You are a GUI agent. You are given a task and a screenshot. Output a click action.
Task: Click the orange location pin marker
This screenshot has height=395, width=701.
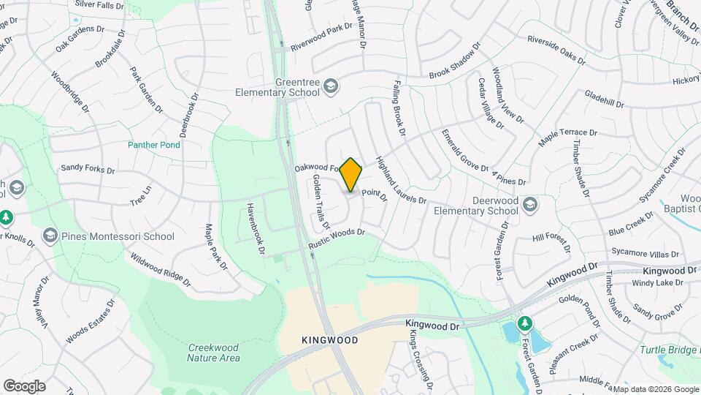[x=351, y=174]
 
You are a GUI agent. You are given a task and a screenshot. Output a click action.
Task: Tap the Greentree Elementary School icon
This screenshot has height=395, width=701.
[x=332, y=87]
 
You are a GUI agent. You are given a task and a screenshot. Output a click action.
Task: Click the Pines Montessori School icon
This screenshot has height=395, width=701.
[x=50, y=236]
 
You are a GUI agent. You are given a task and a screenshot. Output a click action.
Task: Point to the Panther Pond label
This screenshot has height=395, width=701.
[x=154, y=145]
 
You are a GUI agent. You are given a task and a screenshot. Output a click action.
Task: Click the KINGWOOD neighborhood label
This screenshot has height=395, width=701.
[x=329, y=341]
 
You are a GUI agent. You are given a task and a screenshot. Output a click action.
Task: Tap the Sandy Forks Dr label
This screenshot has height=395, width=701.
[x=88, y=169]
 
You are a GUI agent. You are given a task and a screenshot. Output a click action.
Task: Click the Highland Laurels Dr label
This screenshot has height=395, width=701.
[x=400, y=180]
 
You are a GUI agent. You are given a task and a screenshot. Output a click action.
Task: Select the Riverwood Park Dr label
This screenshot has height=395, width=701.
[x=321, y=38]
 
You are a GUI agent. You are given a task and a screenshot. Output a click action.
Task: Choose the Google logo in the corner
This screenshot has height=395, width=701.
[x=24, y=386]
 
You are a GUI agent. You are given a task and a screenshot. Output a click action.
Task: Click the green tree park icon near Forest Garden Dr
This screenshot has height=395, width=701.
[x=524, y=323]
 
